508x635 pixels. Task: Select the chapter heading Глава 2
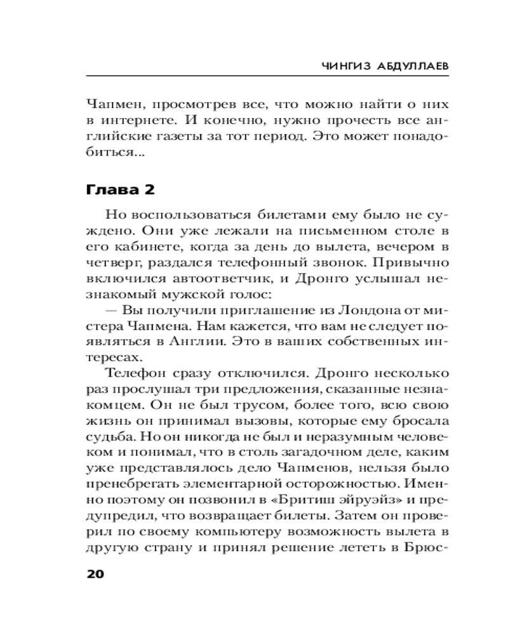coord(119,190)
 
